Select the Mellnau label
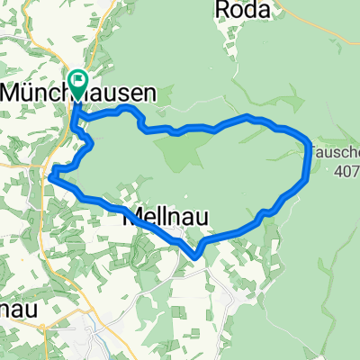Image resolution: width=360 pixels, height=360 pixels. click(155, 217)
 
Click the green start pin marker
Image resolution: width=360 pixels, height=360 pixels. click(77, 84)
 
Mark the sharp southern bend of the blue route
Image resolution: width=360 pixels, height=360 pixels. click(196, 256)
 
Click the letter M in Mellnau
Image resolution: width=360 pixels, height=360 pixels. click(130, 217)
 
